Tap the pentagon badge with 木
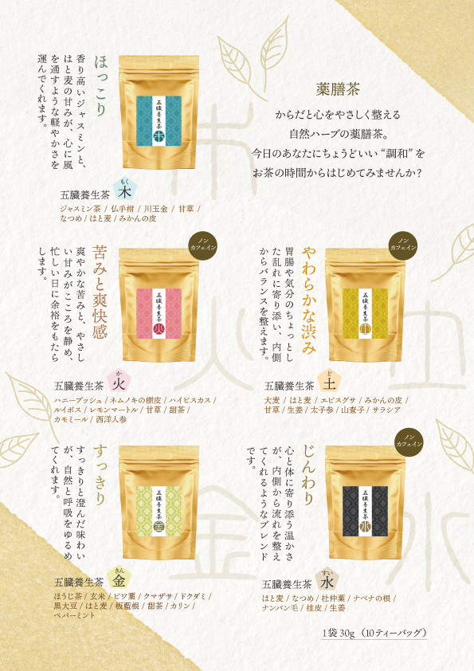[123, 191]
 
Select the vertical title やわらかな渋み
[310, 294]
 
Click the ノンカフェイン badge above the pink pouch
[201, 243]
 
